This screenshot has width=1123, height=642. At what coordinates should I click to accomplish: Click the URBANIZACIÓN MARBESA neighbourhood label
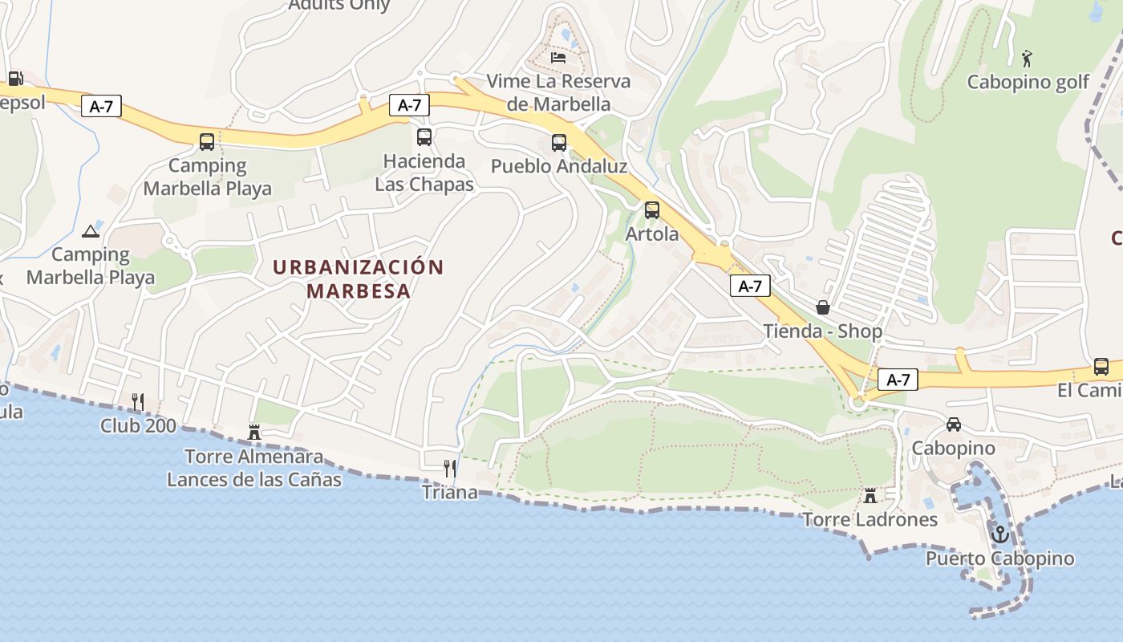(x=359, y=278)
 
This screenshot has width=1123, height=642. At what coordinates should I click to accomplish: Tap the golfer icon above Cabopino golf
(x=1028, y=58)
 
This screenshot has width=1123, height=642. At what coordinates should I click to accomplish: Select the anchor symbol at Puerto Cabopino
(x=999, y=533)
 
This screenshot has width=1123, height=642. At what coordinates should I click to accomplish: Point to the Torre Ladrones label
(x=870, y=519)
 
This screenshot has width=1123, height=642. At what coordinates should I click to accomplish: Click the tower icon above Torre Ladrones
(x=870, y=495)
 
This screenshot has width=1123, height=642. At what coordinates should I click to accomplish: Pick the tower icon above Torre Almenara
(x=254, y=433)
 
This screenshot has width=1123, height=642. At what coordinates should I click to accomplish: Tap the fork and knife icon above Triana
(x=450, y=468)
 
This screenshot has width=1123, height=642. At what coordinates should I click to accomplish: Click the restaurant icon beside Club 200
(x=138, y=401)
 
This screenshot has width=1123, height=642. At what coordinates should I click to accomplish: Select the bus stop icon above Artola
(x=652, y=210)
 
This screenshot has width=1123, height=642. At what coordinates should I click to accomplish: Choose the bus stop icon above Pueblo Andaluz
(x=559, y=143)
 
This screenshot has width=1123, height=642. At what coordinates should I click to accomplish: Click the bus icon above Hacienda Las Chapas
(x=424, y=137)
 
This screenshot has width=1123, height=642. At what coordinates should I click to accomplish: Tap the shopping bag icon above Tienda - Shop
(x=823, y=307)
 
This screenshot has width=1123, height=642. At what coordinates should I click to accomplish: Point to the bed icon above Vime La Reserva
(x=559, y=57)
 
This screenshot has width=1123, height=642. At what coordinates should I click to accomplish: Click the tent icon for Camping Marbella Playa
(x=91, y=232)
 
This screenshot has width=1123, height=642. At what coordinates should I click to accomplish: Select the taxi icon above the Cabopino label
(x=954, y=425)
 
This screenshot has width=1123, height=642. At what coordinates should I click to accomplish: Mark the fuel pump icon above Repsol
(x=14, y=79)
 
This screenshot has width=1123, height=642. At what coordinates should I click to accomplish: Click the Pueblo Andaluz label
(x=559, y=166)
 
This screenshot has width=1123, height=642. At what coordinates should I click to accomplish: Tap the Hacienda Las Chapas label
(x=424, y=173)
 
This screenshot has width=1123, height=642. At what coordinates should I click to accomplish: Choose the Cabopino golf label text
(x=1028, y=82)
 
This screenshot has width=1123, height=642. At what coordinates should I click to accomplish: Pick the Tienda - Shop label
(x=823, y=331)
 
